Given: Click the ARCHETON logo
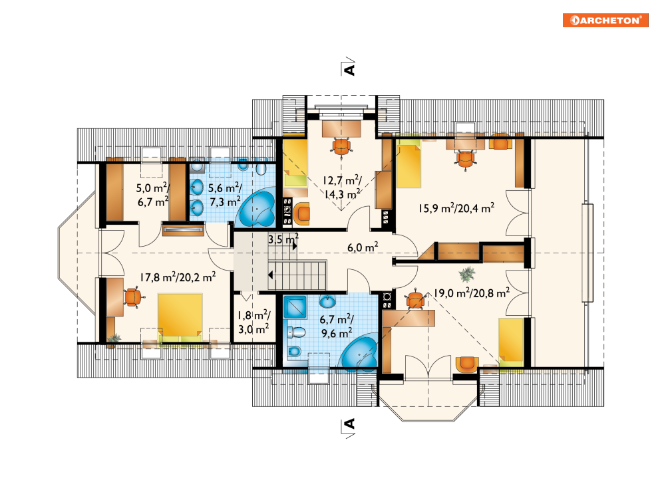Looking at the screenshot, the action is point(605,20).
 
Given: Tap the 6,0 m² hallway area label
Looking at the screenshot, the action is point(363,247).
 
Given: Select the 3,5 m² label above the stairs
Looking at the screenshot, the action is point(283,239).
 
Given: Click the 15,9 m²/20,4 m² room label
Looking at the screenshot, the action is point(456,208).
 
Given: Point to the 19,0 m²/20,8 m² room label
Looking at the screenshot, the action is point(472,293).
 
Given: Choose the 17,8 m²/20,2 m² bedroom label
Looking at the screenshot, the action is point(178,277).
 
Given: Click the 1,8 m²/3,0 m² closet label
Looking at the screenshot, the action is point(253,322).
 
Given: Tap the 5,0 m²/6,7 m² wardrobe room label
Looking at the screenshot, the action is point(153,195).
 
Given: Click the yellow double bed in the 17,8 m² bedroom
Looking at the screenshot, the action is point(180,318).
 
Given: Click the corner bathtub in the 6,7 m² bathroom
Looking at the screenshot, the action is point(360,352).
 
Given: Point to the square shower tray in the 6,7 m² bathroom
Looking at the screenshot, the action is point(295,307).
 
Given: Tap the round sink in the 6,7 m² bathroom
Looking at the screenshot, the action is point(327,302).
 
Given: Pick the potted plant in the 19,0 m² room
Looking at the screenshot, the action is point(466,275).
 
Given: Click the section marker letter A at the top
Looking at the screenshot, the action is point(349,68).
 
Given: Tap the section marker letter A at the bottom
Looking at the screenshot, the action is point(349,424).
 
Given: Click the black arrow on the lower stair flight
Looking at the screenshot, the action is point(271,275).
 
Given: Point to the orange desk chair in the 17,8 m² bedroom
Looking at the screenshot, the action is point(133,297).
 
